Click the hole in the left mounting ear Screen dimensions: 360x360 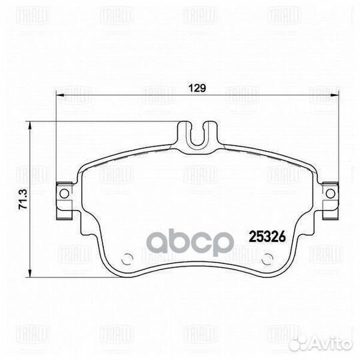coord(63,194)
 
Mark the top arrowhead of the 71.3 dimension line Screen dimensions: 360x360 coord(30,124)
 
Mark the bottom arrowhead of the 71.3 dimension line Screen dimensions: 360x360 coord(30,274)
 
